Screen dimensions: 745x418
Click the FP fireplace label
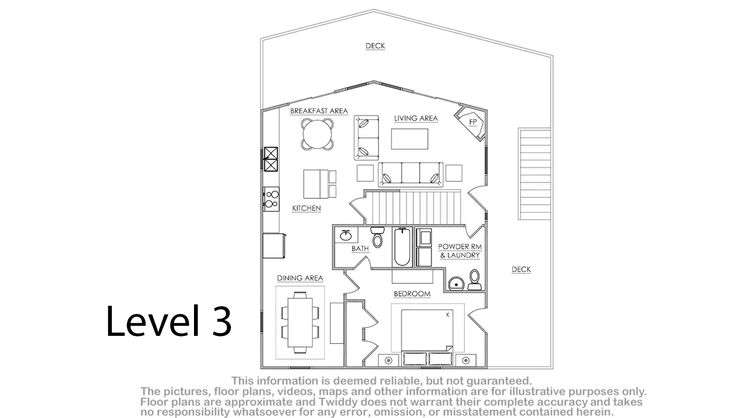coord(473,122)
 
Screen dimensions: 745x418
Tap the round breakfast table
coord(317,134)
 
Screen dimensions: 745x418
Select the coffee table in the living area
coord(409,139)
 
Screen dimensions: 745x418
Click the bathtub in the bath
coord(402,247)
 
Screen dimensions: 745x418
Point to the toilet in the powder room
coord(475,280)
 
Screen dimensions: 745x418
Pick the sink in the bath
coord(346,235)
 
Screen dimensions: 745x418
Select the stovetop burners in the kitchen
coord(272,199)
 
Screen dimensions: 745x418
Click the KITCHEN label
coord(306,208)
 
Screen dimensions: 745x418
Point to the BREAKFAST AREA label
coord(319,111)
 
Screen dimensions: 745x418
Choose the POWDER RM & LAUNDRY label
coord(460,251)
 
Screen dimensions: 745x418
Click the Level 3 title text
coord(168,321)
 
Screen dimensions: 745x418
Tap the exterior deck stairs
coord(535,174)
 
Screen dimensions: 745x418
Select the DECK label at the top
coord(375,46)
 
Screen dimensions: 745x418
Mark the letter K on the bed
coord(448,314)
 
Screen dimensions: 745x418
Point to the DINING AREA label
coord(300,278)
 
